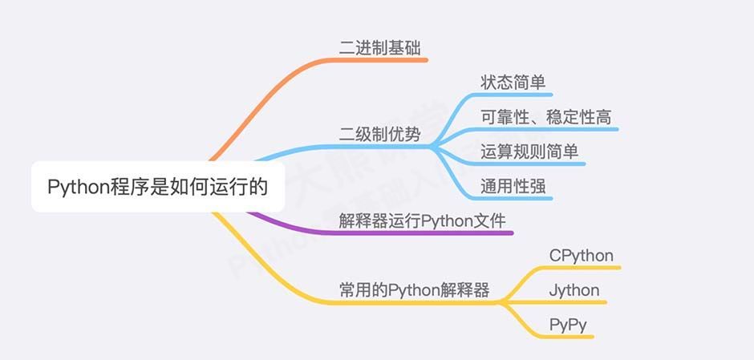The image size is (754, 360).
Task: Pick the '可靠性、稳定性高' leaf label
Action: tap(545, 117)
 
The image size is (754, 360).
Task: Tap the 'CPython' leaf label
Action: tap(582, 256)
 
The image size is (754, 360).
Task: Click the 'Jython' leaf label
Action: tap(574, 290)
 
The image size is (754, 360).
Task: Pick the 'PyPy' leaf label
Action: tap(568, 325)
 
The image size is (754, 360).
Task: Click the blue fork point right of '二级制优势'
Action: tap(433, 147)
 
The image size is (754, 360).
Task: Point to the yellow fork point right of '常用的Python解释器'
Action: tap(501, 302)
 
